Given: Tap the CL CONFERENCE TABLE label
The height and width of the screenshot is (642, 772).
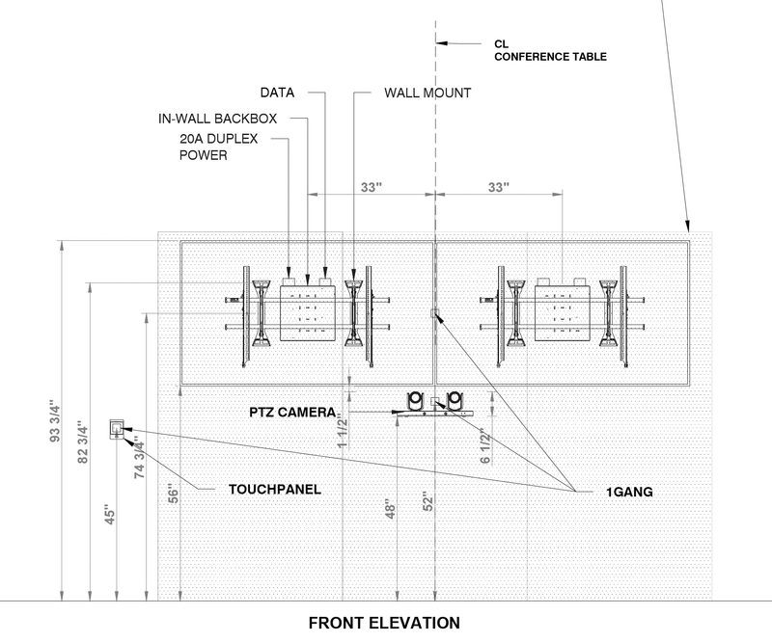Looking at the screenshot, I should tap(550, 50).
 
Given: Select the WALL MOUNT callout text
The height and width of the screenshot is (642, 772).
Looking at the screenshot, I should tap(427, 94).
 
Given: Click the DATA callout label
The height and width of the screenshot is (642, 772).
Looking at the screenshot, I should tap(277, 94).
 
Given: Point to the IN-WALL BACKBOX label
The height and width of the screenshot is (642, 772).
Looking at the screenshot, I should tap(218, 119).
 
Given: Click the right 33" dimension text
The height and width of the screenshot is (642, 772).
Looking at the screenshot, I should tap(498, 189).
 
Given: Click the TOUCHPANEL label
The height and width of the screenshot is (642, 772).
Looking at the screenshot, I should tap(274, 489).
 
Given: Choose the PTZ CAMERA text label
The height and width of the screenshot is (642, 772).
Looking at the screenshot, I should tap(291, 414).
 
